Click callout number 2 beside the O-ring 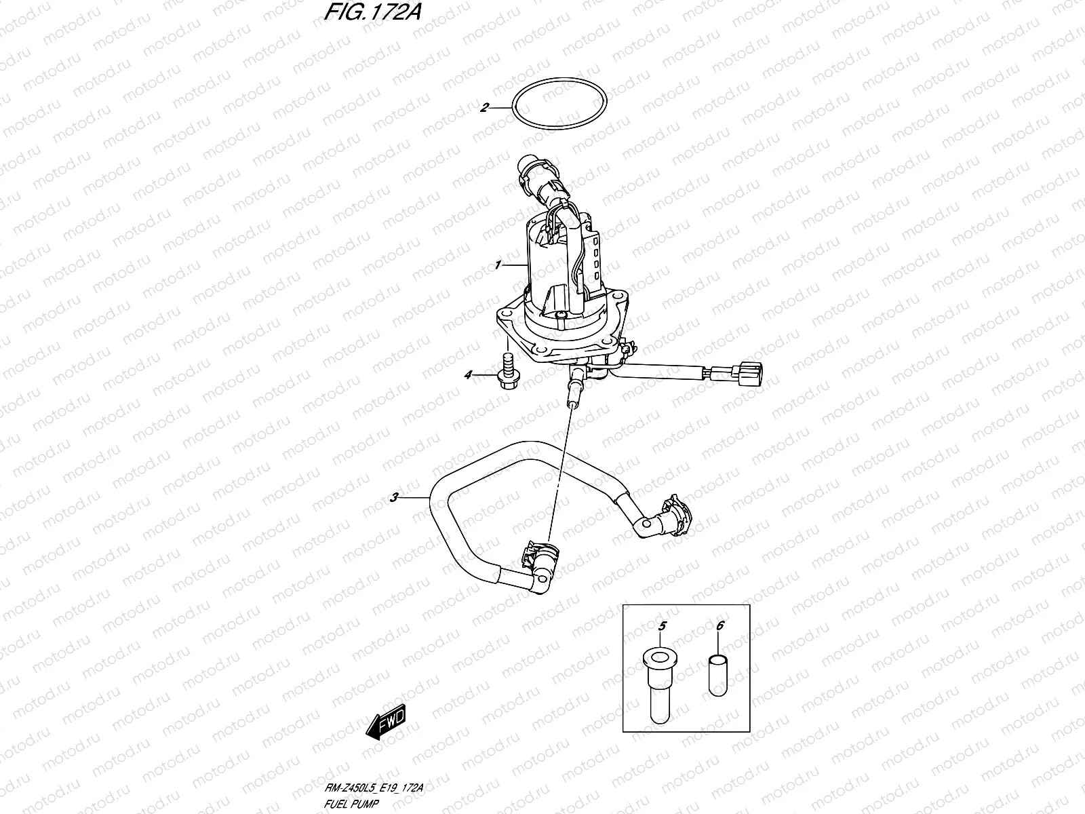[484, 107]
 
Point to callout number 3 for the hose [394, 498]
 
